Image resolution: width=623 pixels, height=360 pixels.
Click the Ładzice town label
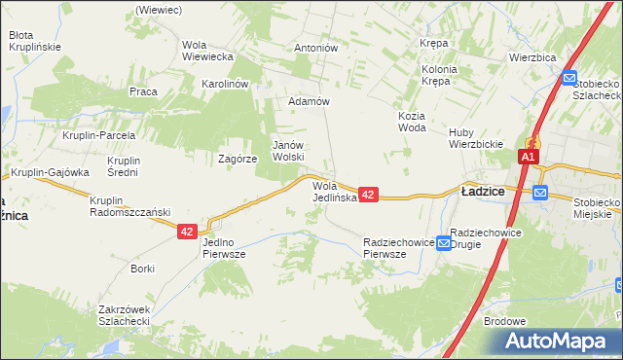click(482, 192)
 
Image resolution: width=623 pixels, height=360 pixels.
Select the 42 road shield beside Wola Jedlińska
click(368, 196)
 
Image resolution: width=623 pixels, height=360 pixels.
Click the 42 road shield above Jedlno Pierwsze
click(188, 232)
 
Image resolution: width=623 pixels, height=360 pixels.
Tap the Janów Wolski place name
click(288, 150)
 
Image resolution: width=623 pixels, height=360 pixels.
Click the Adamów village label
click(311, 101)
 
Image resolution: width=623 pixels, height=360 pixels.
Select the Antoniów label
click(315, 47)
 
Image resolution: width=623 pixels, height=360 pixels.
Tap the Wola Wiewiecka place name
click(207, 50)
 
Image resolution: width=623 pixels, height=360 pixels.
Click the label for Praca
click(143, 91)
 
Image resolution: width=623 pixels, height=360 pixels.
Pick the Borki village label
click(143, 267)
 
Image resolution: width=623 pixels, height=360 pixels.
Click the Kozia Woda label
click(412, 121)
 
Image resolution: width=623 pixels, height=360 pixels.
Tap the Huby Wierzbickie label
click(475, 138)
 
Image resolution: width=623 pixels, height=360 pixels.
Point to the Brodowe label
click(504, 321)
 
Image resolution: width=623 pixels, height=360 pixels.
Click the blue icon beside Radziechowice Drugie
click(443, 241)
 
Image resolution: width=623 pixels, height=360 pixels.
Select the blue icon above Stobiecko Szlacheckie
click(569, 80)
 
